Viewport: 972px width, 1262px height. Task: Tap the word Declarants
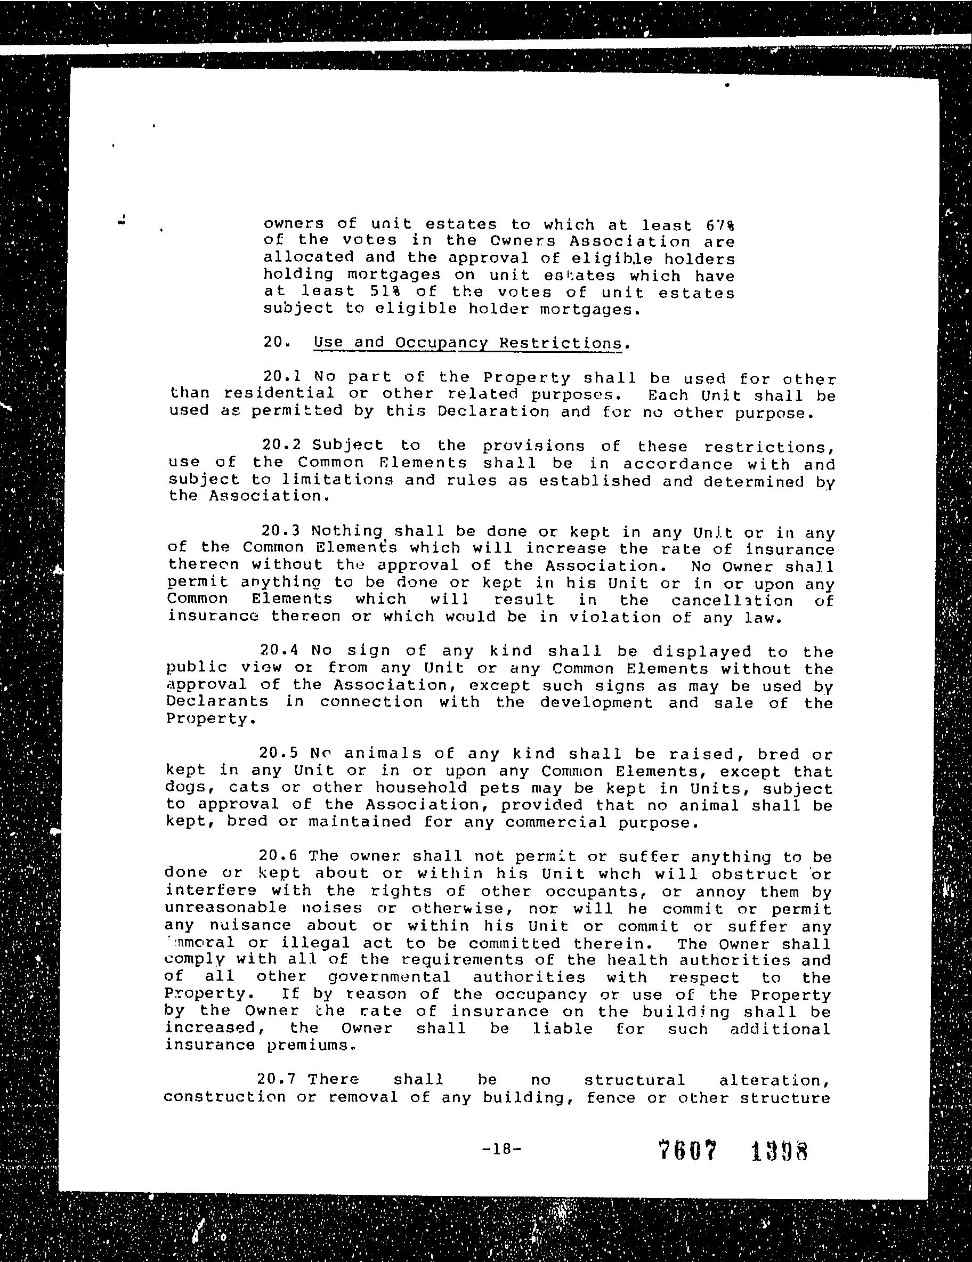coord(217,701)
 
